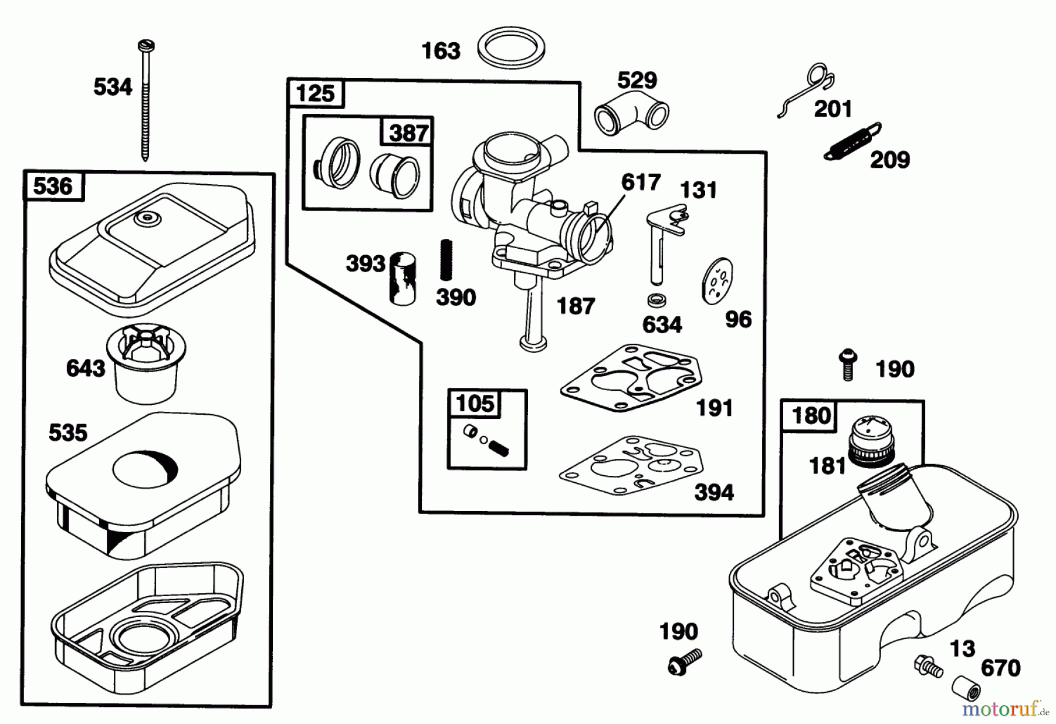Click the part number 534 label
click(113, 87)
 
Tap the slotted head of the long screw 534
click(145, 45)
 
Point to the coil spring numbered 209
click(852, 141)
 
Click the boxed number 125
click(316, 93)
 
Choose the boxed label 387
click(408, 133)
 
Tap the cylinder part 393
click(403, 278)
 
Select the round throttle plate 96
click(717, 281)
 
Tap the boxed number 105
click(475, 404)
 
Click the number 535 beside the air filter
click(67, 433)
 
